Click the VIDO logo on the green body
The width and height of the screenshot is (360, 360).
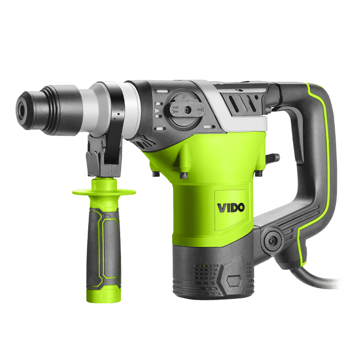pyautogui.click(x=231, y=207)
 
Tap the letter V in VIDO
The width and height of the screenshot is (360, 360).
pyautogui.click(x=221, y=208)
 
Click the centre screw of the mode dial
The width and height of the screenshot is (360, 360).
pyautogui.click(x=188, y=110)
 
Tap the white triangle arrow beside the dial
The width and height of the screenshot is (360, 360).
pyautogui.click(x=157, y=111)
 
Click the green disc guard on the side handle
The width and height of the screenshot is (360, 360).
pyautogui.click(x=104, y=192)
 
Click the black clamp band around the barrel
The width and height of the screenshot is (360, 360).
pyautogui.click(x=117, y=129)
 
